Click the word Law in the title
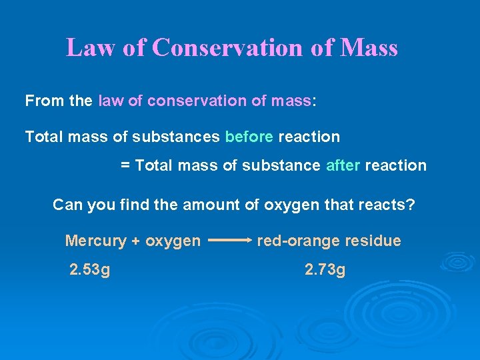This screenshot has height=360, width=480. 89,48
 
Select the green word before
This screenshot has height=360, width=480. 249,137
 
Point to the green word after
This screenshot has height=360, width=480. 343,165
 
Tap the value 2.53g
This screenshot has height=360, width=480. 90,270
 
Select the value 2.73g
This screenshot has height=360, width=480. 325,270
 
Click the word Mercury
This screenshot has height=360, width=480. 94,241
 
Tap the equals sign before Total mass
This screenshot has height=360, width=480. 125,165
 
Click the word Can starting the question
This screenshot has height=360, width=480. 67,204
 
